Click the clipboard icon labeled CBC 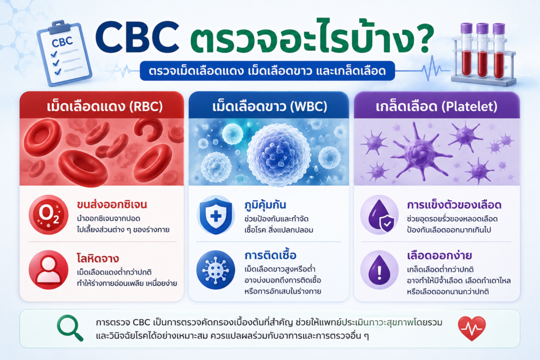[64, 53]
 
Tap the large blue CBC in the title [137, 38]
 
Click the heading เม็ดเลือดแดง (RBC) [105, 106]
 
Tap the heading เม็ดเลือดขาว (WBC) [269, 106]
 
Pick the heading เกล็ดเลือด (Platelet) [436, 106]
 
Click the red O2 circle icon [49, 215]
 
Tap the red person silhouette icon [49, 269]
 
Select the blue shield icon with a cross [216, 215]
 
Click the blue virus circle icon [216, 269]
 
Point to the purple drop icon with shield [380, 215]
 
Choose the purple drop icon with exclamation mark [380, 269]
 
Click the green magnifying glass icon [70, 328]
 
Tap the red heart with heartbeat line [472, 328]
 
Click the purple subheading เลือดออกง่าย [439, 256]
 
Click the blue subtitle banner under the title [267, 71]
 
